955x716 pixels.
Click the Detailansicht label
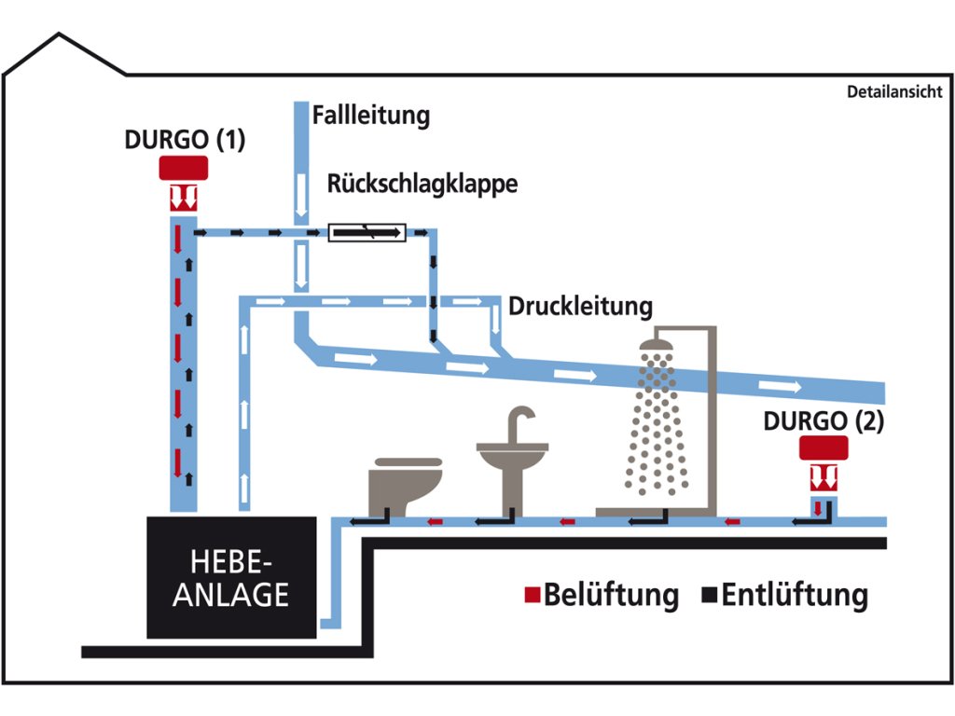click(894, 92)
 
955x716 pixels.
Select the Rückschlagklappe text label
click(422, 184)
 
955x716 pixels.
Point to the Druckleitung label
click(580, 306)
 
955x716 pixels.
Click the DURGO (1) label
click(185, 140)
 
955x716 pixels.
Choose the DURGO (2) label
click(823, 420)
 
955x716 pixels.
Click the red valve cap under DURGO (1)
click(184, 168)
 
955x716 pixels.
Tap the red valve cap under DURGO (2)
click(823, 448)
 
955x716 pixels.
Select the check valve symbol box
click(367, 231)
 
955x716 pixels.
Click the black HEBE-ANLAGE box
click(230, 577)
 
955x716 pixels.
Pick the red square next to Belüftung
click(533, 594)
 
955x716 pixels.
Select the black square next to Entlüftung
click(711, 594)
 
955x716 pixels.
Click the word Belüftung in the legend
click(611, 595)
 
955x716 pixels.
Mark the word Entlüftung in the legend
click(795, 595)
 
